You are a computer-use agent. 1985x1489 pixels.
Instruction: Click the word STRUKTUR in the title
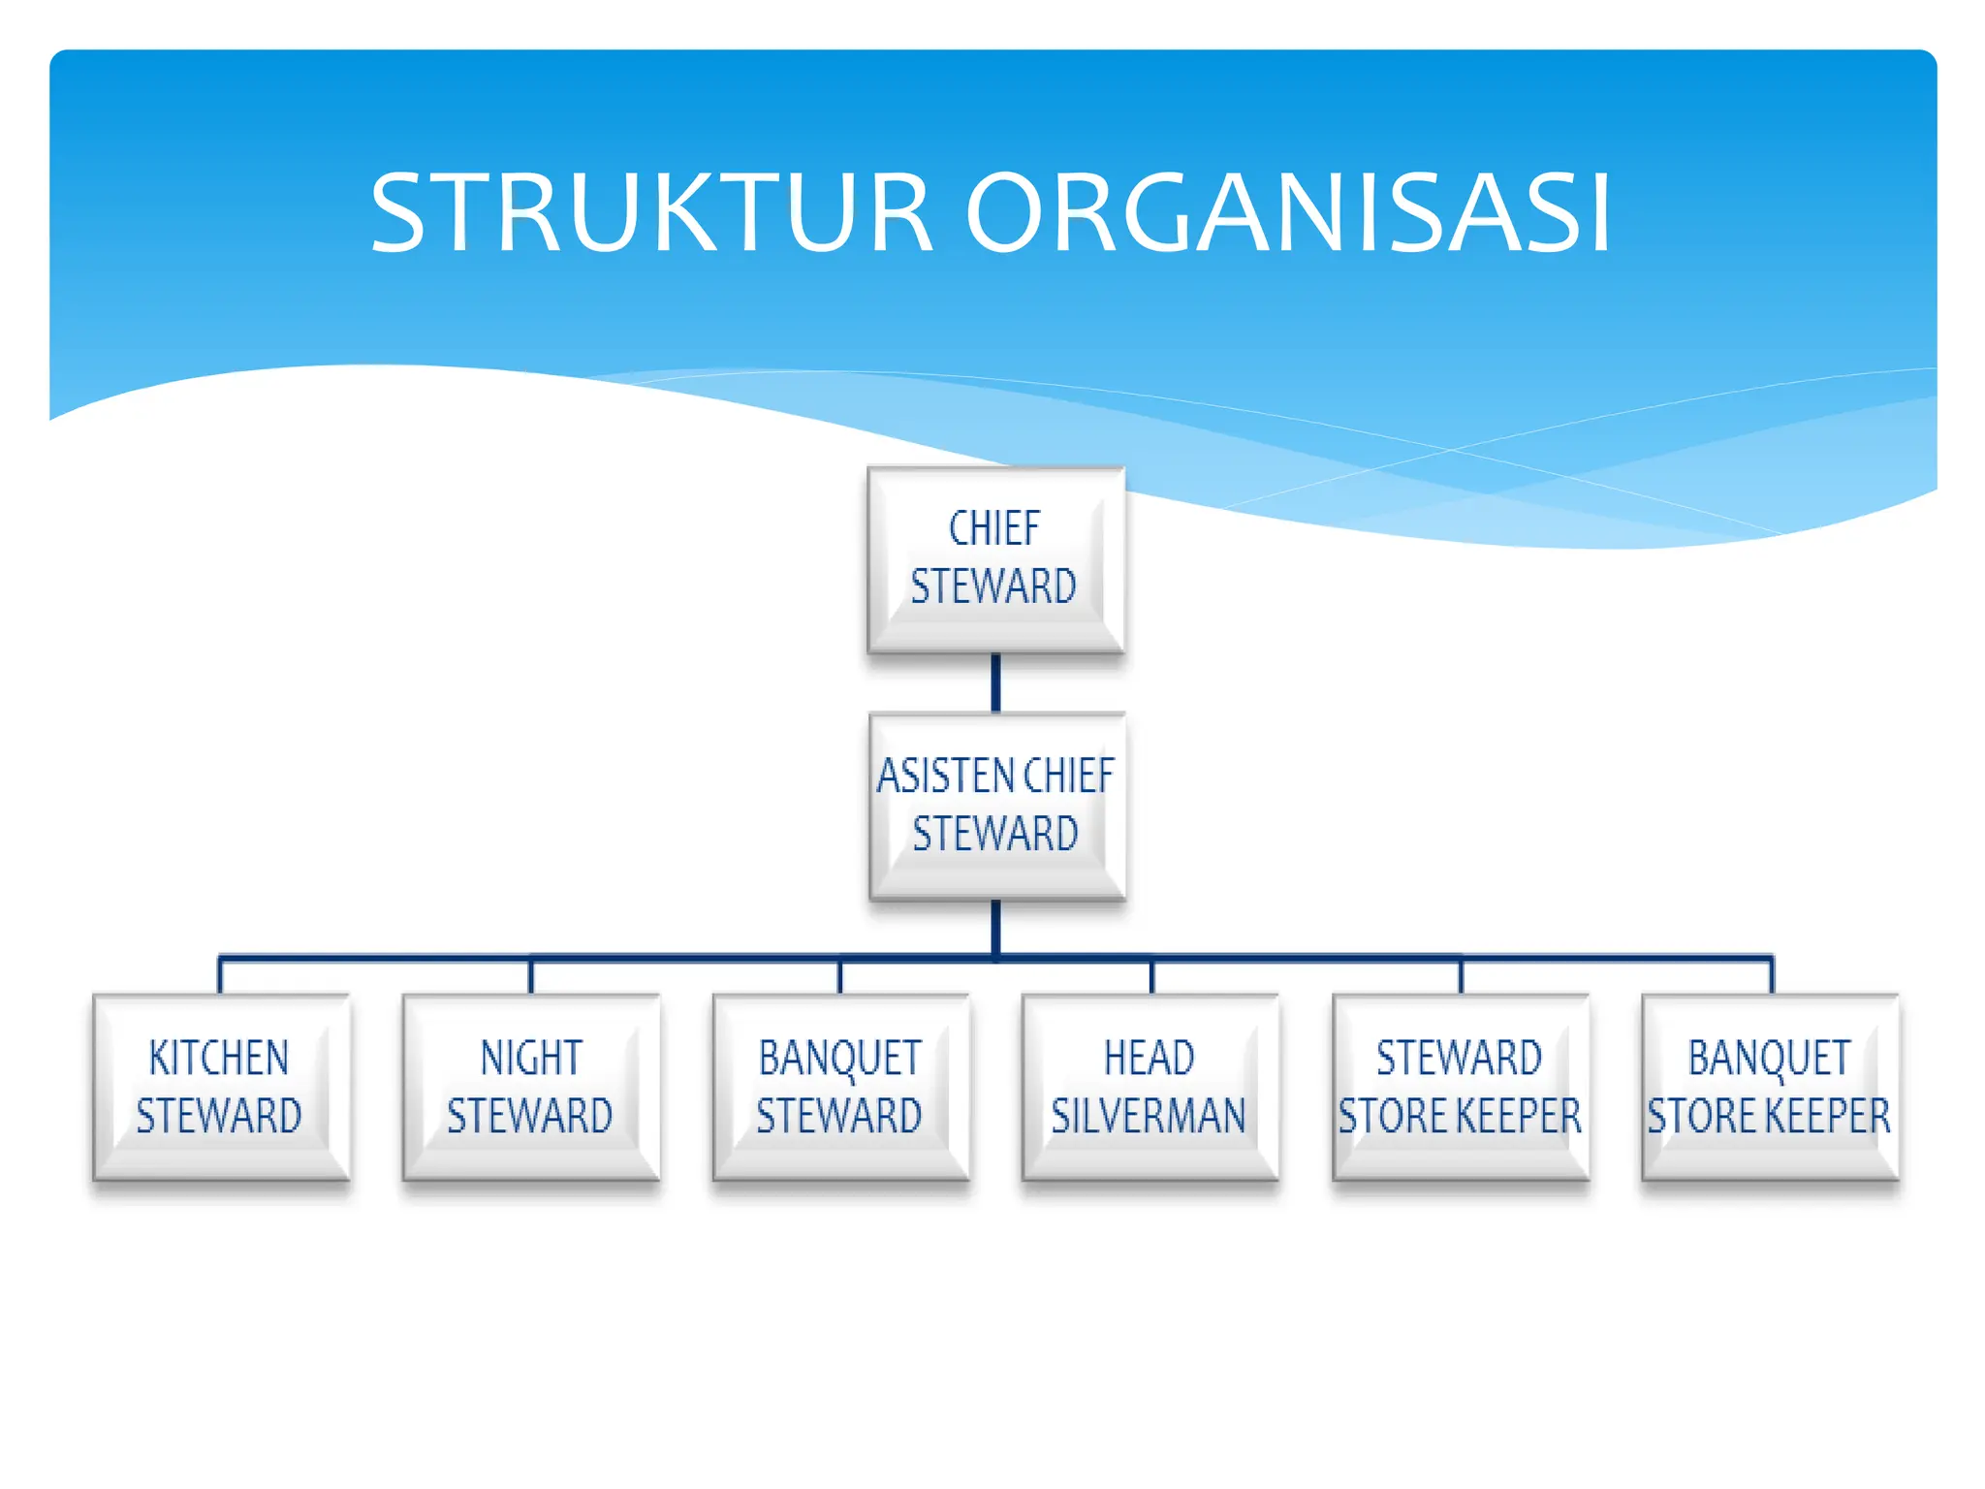(650, 212)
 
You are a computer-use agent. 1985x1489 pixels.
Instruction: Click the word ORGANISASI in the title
(1288, 212)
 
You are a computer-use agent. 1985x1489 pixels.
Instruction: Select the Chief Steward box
(995, 559)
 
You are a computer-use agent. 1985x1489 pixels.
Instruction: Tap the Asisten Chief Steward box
(996, 806)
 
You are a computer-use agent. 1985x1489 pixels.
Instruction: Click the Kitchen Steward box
(221, 1087)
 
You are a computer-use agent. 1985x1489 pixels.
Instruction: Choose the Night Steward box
(531, 1087)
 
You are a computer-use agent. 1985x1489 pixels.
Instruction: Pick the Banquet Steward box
(840, 1087)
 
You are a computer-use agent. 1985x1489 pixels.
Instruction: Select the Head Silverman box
(1150, 1087)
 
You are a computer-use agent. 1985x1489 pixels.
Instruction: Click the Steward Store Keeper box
(1461, 1087)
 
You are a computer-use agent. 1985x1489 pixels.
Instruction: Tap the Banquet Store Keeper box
(1770, 1087)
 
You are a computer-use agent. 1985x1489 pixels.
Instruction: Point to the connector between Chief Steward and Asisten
(995, 682)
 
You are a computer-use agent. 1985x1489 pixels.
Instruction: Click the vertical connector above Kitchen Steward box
(221, 975)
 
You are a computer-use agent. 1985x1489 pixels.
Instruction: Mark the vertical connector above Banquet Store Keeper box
(1772, 975)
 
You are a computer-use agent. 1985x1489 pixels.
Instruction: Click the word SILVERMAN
(1149, 1116)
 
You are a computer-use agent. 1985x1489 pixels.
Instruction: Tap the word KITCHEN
(219, 1058)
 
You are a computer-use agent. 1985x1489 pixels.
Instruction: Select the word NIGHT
(531, 1058)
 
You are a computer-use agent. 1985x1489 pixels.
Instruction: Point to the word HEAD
(1150, 1058)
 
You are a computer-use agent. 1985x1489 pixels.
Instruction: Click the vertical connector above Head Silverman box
(1151, 976)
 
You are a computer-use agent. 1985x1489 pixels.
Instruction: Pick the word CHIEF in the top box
(994, 529)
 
